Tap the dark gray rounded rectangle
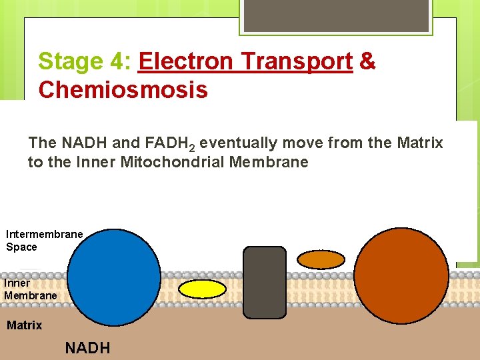pos(265,282)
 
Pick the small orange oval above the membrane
pos(321,259)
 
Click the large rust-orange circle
pos(403,276)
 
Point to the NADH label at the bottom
pos(87,348)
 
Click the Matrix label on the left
pos(24,325)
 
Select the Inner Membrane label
pos(31,289)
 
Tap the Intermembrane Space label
pos(44,240)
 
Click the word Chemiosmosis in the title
pos(123,89)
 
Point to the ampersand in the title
pos(367,61)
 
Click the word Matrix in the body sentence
pos(421,143)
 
